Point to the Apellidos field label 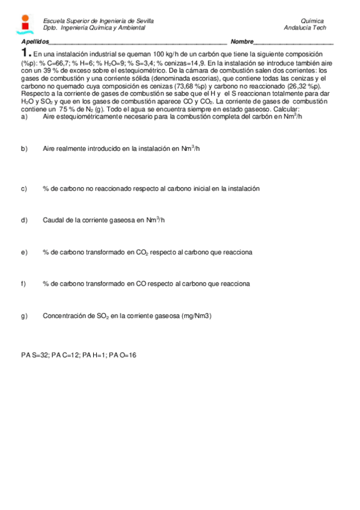coord(34,41)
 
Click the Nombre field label coord(242,41)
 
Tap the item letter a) coord(25,117)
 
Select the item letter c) coord(25,189)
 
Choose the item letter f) coord(24,284)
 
